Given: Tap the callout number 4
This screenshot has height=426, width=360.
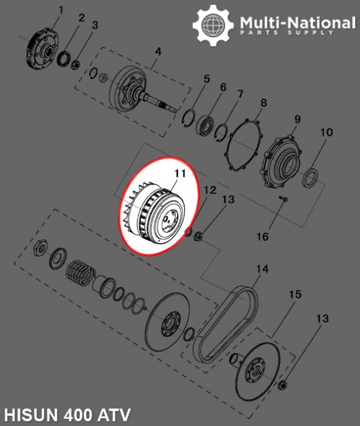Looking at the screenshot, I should click(157, 52).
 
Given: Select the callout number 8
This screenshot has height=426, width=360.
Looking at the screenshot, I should click(263, 103).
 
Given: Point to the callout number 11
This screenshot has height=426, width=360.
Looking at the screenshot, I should click(179, 174).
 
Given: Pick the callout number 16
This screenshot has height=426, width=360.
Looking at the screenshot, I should click(261, 237).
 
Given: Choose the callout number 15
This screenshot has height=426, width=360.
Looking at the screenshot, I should click(295, 295).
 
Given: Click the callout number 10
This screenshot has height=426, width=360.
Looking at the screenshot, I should click(327, 132).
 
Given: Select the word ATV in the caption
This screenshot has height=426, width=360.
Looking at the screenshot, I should click(114, 416).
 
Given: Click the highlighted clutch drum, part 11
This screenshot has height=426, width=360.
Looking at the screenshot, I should click(155, 210).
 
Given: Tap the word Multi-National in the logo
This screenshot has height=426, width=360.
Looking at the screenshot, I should click(297, 23).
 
